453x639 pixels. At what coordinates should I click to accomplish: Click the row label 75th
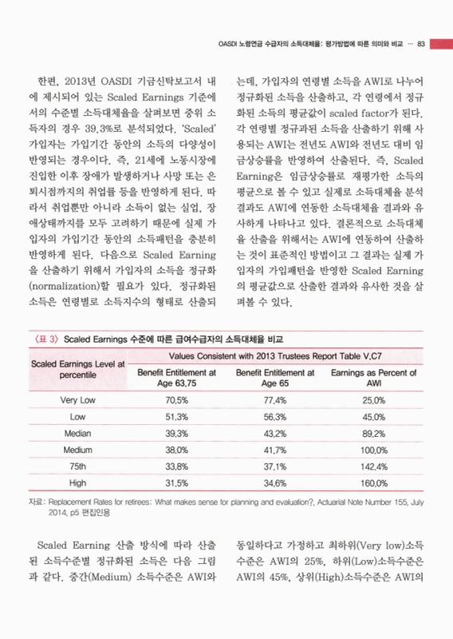pos(78,466)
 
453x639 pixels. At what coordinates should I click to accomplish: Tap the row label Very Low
pos(78,399)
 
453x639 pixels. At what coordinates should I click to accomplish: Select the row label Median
pos(78,433)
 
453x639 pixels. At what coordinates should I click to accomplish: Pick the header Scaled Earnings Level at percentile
pos(78,369)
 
